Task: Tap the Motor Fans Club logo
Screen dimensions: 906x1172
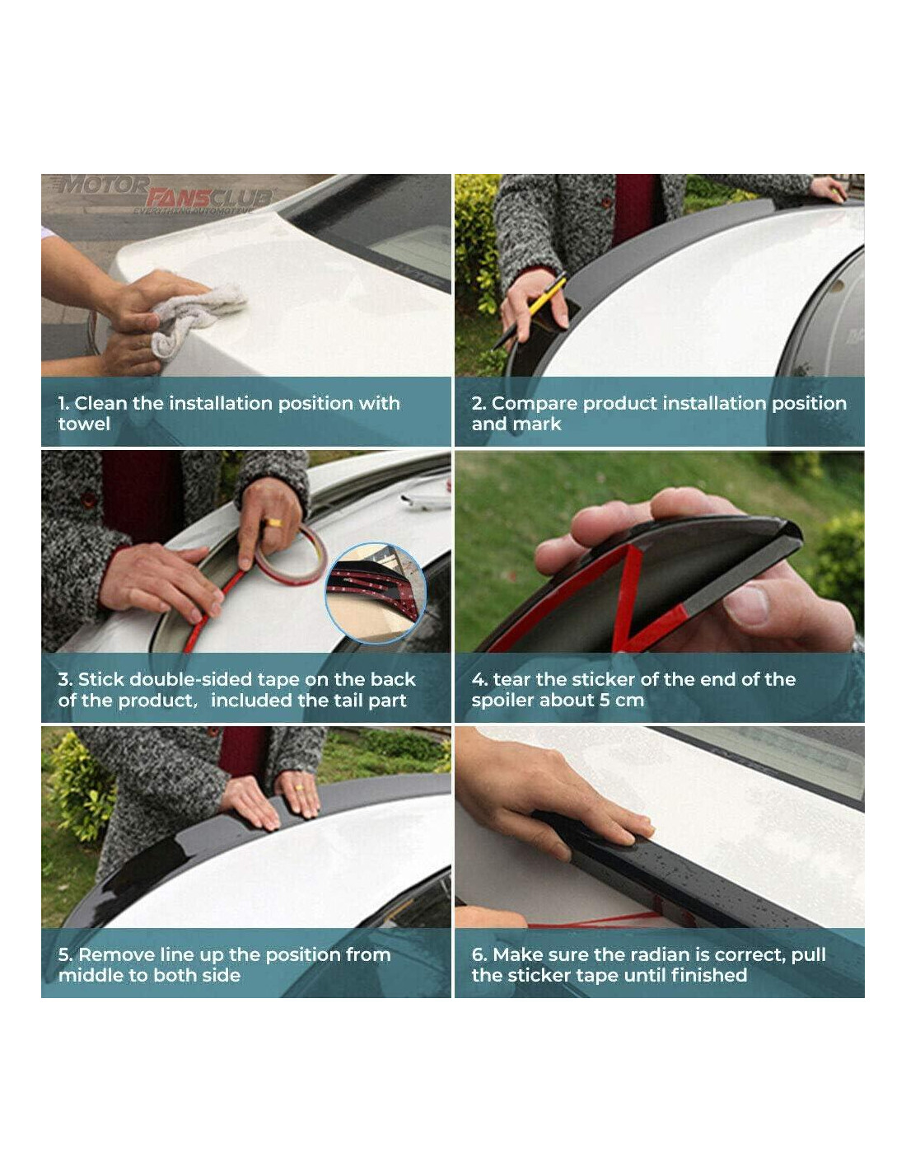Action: [161, 194]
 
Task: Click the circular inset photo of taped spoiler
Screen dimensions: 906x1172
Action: [376, 593]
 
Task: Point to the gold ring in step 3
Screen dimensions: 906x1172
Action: [274, 522]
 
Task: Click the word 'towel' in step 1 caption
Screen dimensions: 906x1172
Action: [84, 424]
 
